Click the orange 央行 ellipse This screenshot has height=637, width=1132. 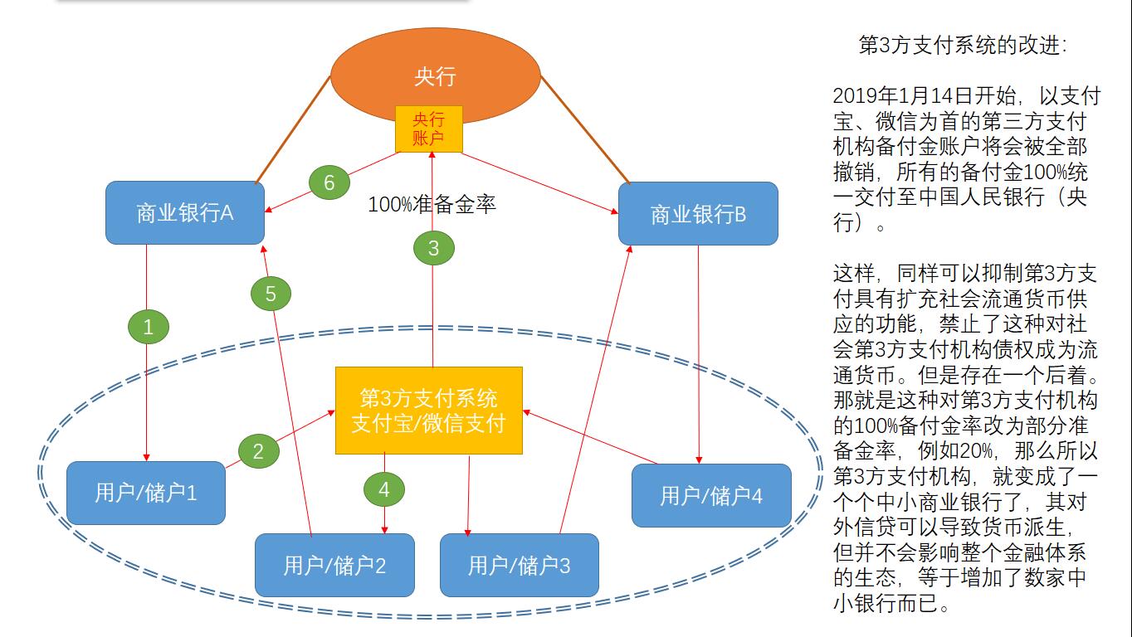[435, 75]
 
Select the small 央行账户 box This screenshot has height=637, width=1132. [428, 129]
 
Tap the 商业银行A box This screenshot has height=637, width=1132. [185, 213]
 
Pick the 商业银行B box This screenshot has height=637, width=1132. [698, 214]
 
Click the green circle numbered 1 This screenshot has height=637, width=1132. [149, 327]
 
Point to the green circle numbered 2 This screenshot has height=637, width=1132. [258, 451]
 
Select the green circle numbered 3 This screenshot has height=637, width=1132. [433, 247]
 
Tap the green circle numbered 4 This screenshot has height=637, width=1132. [383, 490]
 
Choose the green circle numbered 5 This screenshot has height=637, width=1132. [271, 293]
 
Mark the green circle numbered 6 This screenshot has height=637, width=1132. [329, 182]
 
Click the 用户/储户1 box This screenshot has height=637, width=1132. [146, 493]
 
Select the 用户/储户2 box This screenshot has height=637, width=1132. [334, 566]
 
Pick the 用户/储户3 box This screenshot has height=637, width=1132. [519, 566]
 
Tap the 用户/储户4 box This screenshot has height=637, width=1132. [711, 495]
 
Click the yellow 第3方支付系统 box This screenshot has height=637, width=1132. [428, 410]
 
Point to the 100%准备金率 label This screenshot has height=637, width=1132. [432, 203]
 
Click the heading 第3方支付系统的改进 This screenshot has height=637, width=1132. [963, 45]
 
